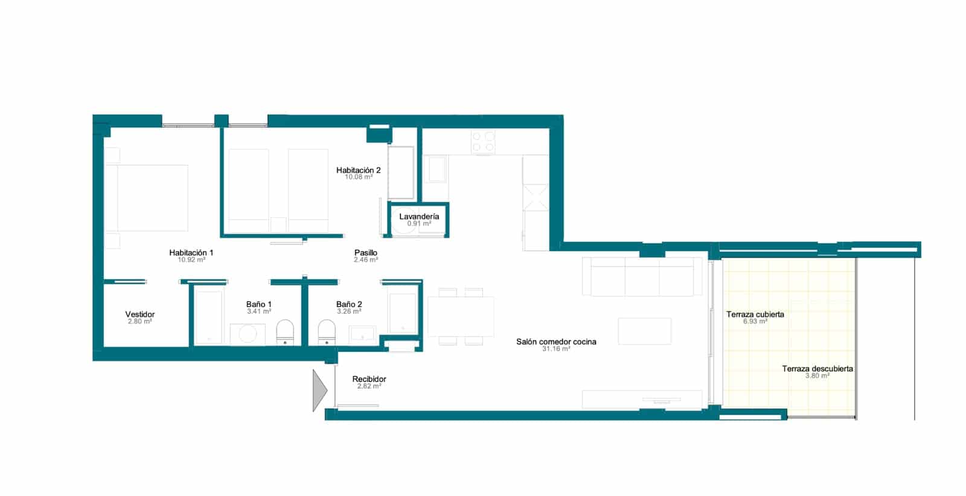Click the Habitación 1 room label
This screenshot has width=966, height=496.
pyautogui.click(x=191, y=253)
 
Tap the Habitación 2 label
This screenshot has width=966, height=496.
pyautogui.click(x=358, y=170)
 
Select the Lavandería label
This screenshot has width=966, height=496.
pyautogui.click(x=419, y=216)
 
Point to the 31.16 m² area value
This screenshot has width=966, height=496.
pyautogui.click(x=556, y=349)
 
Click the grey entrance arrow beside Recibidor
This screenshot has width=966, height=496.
pyautogui.click(x=319, y=391)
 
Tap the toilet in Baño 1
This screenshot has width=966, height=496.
pyautogui.click(x=285, y=332)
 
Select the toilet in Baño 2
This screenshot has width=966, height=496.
pyautogui.click(x=327, y=332)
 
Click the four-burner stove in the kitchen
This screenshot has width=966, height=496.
pyautogui.click(x=483, y=142)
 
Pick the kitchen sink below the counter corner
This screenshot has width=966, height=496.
pyautogui.click(x=435, y=169)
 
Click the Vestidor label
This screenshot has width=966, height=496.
pyautogui.click(x=140, y=314)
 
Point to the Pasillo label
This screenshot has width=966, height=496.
pyautogui.click(x=366, y=253)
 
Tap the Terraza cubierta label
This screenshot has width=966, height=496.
pyautogui.click(x=755, y=314)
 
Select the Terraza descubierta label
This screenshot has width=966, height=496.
pyautogui.click(x=817, y=369)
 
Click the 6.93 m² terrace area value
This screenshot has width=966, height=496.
pyautogui.click(x=755, y=322)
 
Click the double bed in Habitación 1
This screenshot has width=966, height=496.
pyautogui.click(x=147, y=198)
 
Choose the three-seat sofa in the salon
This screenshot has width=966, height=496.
pyautogui.click(x=642, y=276)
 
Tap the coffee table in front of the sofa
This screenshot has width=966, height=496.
pyautogui.click(x=644, y=331)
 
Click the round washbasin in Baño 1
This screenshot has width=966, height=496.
pyautogui.click(x=248, y=334)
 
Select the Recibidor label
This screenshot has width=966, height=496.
pyautogui.click(x=369, y=379)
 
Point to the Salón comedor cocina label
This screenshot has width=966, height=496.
pyautogui.click(x=556, y=342)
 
